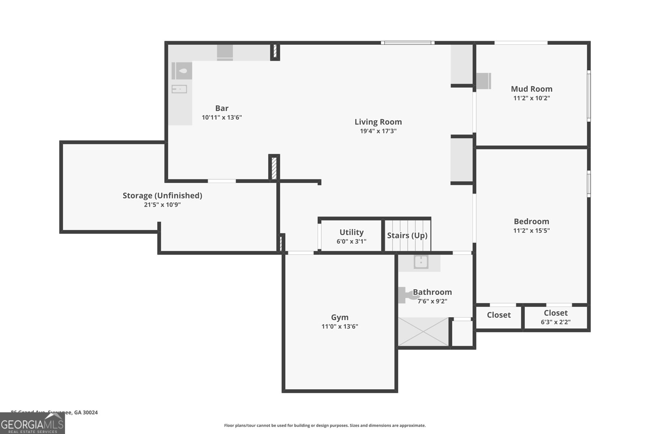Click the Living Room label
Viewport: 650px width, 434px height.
tap(378, 122)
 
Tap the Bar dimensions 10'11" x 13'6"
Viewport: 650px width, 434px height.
tap(222, 118)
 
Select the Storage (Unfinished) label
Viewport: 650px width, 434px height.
tap(162, 196)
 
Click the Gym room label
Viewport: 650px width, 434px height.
tap(340, 317)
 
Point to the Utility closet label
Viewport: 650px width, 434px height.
tap(351, 232)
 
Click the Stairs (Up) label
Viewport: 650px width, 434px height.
tap(407, 236)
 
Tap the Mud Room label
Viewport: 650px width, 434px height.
tap(531, 89)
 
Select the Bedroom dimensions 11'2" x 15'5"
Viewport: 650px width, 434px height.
tap(531, 231)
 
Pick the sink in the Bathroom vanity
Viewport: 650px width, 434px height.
tap(421, 262)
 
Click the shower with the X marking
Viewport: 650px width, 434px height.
tap(423, 332)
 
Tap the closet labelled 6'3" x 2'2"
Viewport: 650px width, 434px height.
tap(555, 317)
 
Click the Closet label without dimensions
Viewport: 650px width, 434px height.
tap(498, 315)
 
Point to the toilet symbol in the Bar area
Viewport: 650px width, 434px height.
tap(182, 71)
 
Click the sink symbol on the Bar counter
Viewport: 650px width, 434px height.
tap(179, 89)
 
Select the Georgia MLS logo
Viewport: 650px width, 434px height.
tap(32, 424)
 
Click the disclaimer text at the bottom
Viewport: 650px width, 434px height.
tap(325, 425)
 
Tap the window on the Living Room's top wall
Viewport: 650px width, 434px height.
tap(407, 43)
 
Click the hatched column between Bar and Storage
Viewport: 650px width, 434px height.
tap(274, 167)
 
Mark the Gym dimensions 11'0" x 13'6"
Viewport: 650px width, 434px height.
tap(340, 327)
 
